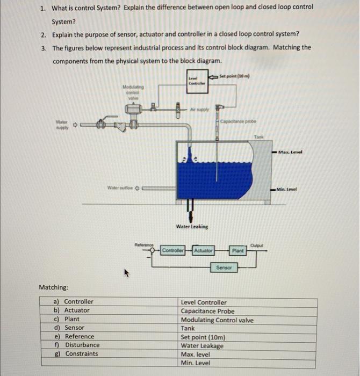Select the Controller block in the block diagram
click(173, 251)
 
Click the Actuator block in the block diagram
click(203, 251)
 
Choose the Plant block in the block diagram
click(238, 251)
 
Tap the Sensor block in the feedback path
click(224, 267)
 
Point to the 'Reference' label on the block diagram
click(144, 244)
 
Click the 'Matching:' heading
click(53, 288)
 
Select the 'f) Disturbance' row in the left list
click(78, 345)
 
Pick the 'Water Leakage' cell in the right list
click(202, 346)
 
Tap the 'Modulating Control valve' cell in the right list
click(217, 320)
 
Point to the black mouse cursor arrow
click(127, 274)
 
